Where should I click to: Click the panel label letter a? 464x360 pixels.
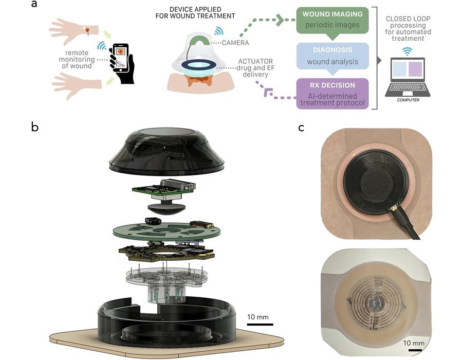pos(34,5)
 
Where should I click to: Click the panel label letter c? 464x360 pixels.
pos(301,128)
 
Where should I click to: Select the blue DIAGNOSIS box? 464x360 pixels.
pos(332,56)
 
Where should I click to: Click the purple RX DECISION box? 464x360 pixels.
pos(332,93)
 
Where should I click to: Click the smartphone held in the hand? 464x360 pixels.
pos(121,58)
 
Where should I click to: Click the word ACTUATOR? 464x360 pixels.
pos(255,62)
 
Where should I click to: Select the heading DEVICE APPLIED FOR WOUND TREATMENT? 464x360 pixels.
pos(195,13)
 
